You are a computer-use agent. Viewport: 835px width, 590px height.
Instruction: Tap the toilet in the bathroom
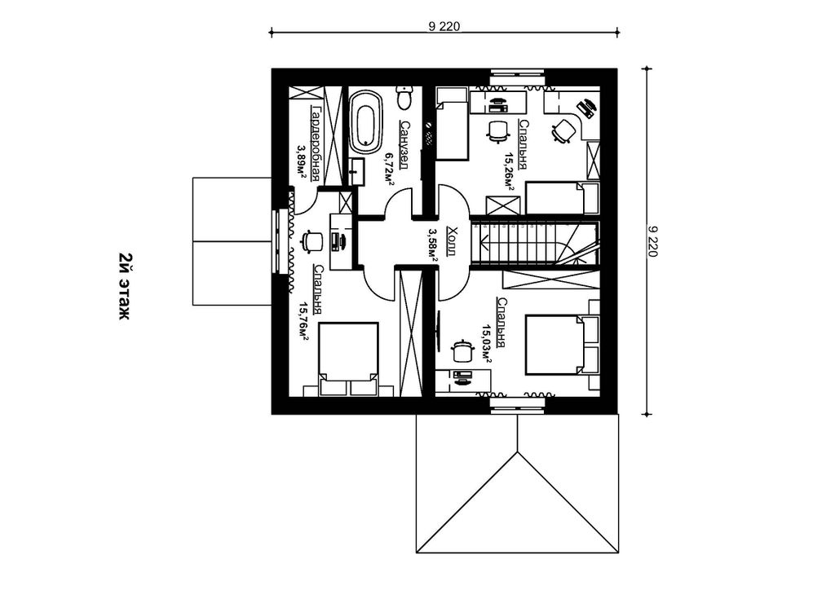click(405, 97)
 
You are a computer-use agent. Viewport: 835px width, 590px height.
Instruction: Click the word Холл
click(452, 241)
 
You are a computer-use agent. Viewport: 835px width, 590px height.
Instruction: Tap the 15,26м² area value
click(509, 171)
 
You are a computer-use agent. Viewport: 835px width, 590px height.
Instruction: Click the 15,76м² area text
click(303, 321)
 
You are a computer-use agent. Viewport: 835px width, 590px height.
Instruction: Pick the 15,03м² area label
click(487, 344)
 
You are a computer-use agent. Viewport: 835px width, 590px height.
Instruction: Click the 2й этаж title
click(124, 286)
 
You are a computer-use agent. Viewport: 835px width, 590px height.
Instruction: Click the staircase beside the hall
click(535, 243)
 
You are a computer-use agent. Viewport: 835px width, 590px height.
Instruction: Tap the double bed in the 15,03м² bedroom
click(558, 345)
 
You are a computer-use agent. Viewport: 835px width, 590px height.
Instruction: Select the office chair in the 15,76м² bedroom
click(311, 240)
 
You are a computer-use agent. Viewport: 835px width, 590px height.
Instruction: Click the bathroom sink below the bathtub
click(357, 171)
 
